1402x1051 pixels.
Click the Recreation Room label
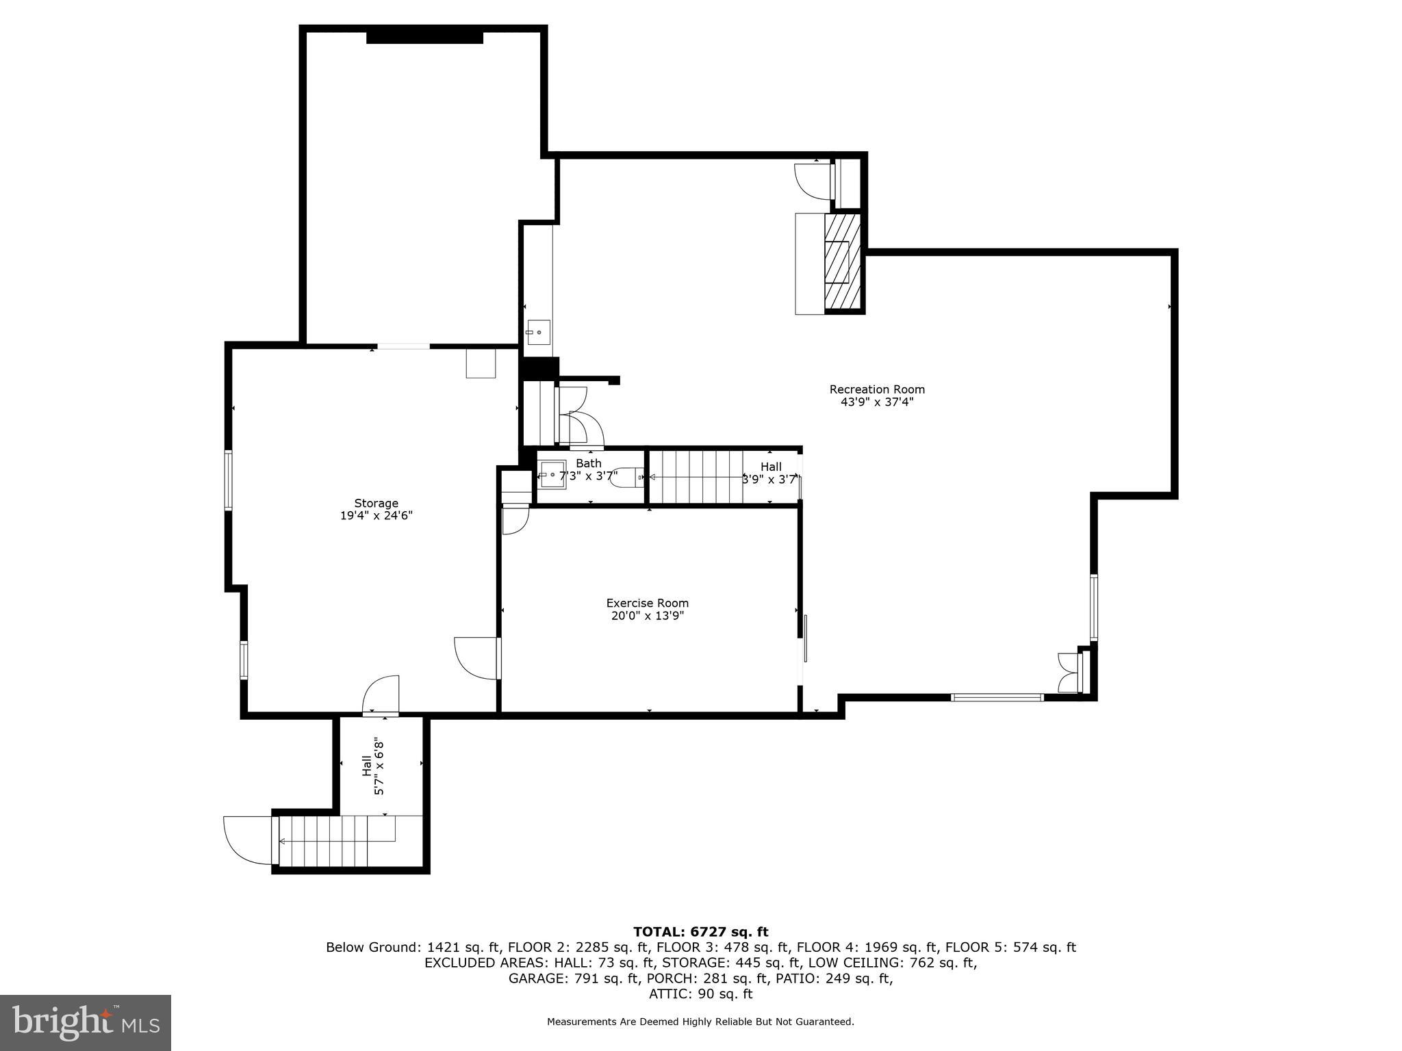point(877,389)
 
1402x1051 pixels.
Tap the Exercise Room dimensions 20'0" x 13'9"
point(648,616)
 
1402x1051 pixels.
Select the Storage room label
point(376,504)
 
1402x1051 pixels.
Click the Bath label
point(588,463)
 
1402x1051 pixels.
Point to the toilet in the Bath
point(626,477)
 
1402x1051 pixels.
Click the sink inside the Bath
point(552,475)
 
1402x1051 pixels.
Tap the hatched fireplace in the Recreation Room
point(842,261)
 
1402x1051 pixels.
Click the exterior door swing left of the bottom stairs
point(246,841)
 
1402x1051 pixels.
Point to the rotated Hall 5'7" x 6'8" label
point(373,766)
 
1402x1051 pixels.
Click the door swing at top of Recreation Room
point(812,181)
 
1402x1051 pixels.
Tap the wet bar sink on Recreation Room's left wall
point(538,332)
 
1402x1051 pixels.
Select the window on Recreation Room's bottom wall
point(997,697)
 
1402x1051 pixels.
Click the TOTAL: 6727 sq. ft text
point(700,932)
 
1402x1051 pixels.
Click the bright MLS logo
point(86,1022)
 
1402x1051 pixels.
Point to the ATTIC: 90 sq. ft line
point(700,994)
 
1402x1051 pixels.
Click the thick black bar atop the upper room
point(424,38)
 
